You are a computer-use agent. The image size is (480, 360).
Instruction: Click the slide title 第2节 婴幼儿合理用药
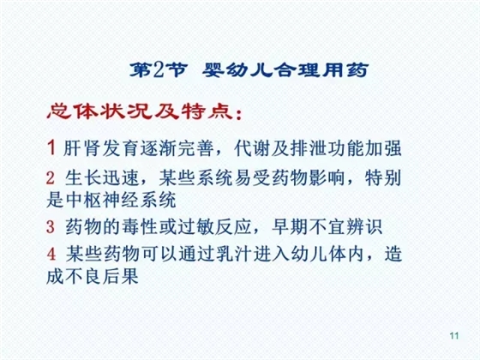coord(241,69)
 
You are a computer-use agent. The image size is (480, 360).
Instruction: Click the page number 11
coord(454,334)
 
